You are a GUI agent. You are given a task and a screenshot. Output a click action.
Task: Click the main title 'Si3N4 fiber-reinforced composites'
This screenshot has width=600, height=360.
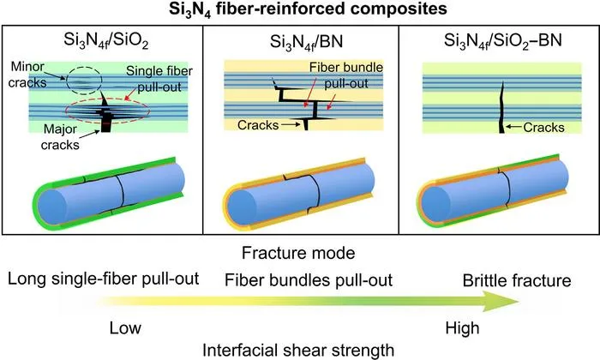pos(308,9)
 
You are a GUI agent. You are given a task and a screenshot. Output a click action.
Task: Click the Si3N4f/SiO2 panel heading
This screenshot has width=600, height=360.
pos(106,42)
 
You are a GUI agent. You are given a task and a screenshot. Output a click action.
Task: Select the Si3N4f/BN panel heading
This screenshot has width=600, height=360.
pos(307,42)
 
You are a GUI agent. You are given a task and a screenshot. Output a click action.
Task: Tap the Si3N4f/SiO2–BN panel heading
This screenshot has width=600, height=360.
pos(503,41)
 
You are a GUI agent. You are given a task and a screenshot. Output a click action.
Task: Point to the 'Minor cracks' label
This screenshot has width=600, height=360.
pos(27,75)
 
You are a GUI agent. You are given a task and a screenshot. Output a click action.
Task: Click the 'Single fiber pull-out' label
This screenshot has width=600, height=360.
pos(159,79)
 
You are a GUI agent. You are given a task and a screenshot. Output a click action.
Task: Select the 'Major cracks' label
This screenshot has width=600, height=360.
pos(61,137)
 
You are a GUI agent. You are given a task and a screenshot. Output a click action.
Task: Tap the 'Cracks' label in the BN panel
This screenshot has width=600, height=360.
pos(258,125)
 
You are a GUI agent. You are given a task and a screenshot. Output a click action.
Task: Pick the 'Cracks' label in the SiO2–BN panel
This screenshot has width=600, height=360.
pos(543,128)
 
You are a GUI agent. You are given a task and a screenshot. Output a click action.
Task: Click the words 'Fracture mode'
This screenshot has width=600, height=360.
pos(298,253)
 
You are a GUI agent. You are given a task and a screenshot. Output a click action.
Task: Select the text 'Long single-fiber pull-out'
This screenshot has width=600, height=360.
pos(104,279)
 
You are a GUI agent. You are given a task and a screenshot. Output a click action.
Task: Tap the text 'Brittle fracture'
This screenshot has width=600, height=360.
pos(517,280)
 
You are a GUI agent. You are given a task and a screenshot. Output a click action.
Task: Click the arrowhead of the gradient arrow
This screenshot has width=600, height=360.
pos(501,301)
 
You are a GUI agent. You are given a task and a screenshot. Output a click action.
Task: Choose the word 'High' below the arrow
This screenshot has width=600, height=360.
pos(462,328)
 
